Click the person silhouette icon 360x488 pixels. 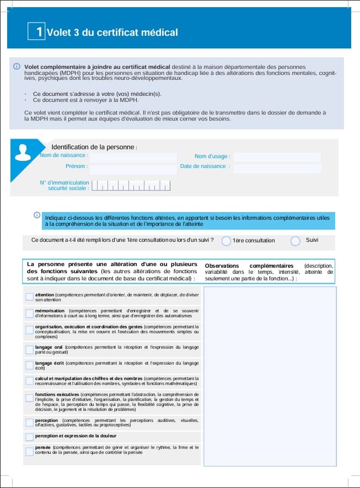[x=23, y=151]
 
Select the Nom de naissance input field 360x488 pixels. [x=133, y=157]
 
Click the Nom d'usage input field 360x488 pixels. [x=277, y=157]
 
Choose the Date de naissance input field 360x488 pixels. [x=277, y=167]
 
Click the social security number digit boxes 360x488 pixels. [x=131, y=186]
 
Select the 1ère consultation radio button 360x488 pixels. [x=226, y=241]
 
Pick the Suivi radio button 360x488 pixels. [x=295, y=241]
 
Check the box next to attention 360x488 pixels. [x=29, y=297]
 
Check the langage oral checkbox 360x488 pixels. [x=29, y=350]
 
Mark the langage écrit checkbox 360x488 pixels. [x=29, y=365]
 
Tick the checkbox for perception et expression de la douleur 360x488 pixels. [x=29, y=436]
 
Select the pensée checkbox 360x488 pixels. [x=29, y=451]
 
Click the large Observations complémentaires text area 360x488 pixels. [x=270, y=375]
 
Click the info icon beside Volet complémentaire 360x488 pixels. [x=17, y=67]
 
